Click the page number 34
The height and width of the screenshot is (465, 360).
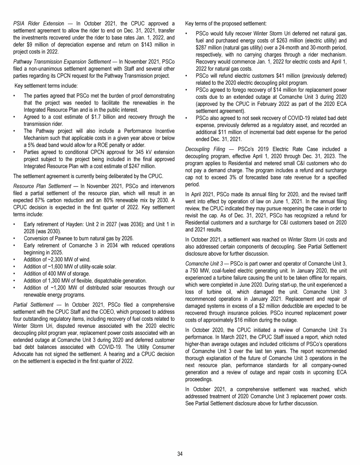point(180,453)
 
